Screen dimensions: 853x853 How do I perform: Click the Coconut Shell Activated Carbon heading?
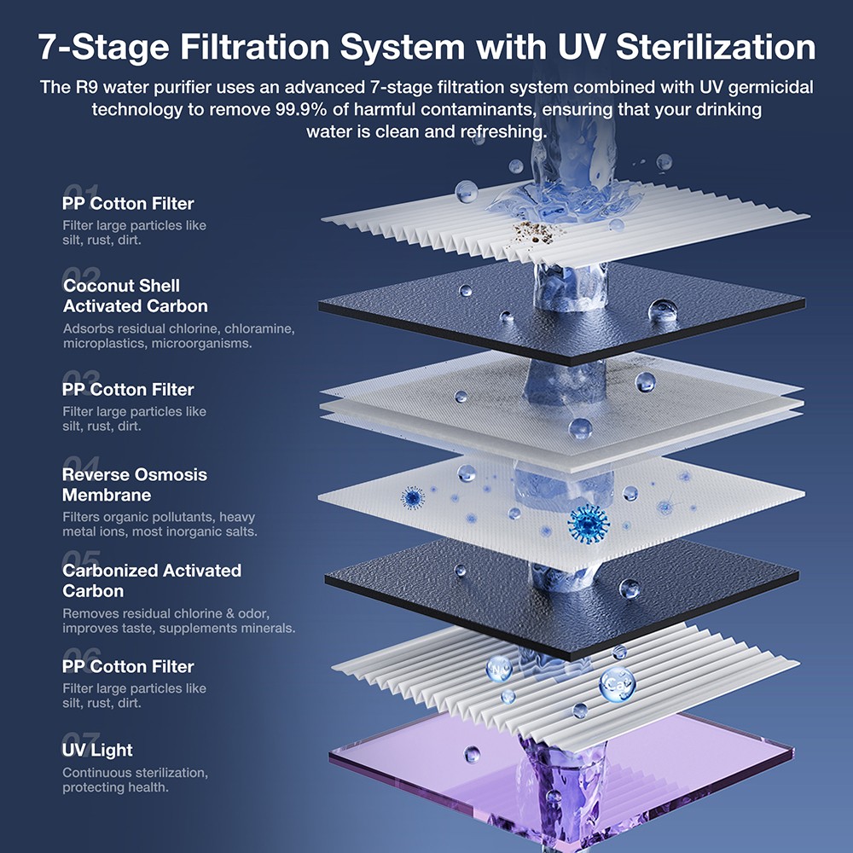(135, 296)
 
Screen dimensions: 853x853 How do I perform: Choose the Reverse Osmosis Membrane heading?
(135, 485)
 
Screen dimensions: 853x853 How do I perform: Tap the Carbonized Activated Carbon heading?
(152, 581)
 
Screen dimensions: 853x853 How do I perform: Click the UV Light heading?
(97, 750)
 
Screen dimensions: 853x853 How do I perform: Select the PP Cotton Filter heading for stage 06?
(128, 666)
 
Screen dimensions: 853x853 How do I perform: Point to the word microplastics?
(97, 343)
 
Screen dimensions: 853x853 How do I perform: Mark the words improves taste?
(98, 629)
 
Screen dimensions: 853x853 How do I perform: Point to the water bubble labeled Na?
(498, 668)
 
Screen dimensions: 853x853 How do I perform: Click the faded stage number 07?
(82, 739)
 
